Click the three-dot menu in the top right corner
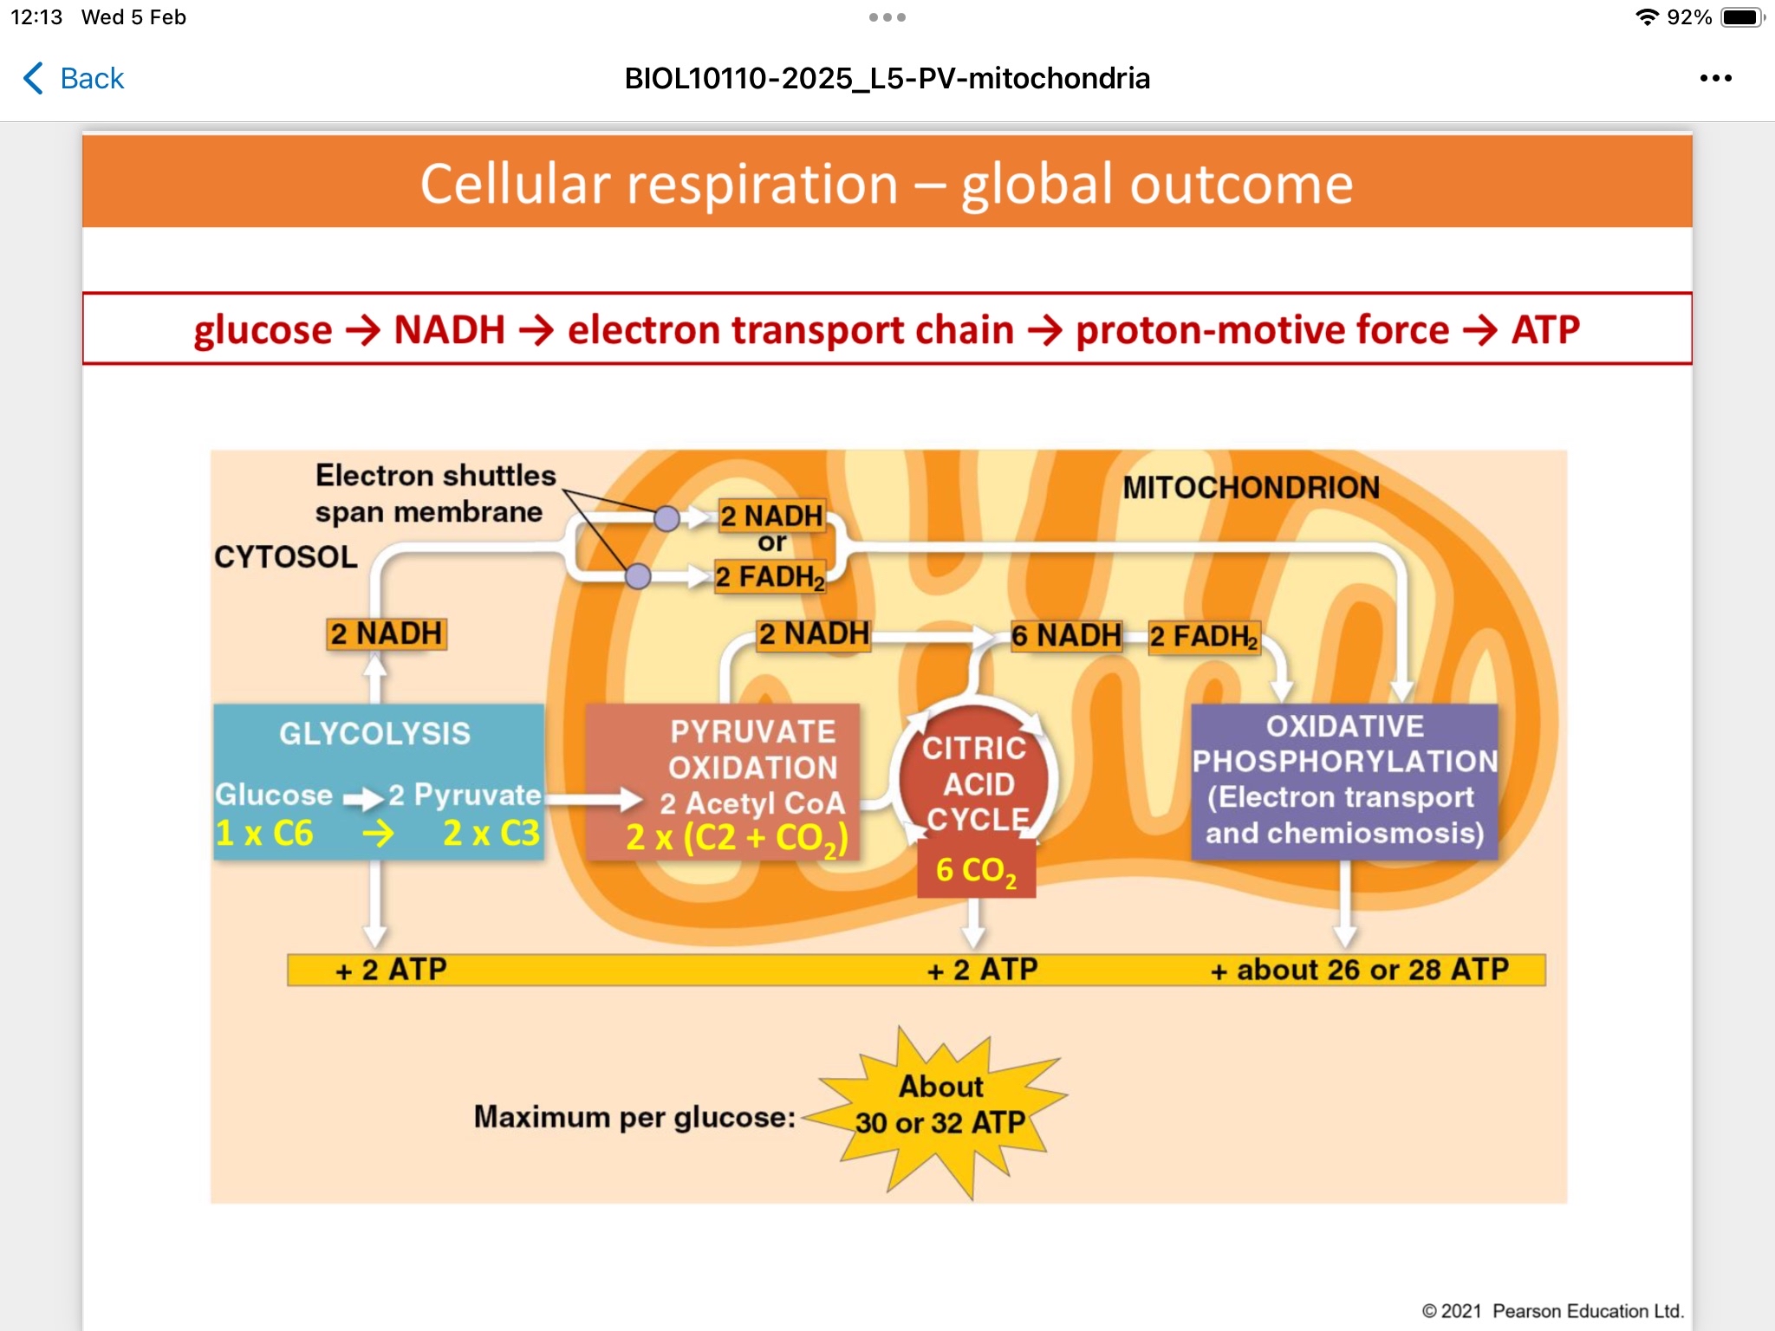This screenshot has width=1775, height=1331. pos(1715,79)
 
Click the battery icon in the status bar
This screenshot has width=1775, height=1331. pos(1740,17)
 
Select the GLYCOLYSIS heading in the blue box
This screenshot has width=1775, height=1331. pos(374,734)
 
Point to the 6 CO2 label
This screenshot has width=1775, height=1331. pos(976,871)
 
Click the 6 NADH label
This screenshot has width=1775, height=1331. pos(1066,636)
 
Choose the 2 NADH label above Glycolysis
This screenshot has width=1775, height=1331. pos(387,634)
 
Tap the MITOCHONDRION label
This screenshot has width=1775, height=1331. pos(1251,488)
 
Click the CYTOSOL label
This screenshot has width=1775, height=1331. pos(286,557)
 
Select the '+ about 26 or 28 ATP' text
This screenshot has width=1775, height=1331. pos(1359,970)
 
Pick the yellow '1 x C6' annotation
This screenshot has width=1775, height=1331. pos(264,834)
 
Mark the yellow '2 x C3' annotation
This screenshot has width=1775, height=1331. pos(491,834)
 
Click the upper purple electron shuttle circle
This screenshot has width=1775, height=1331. pos(666,519)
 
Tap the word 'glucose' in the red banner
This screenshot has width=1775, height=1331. pos(263,330)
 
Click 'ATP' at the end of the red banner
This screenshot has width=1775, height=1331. pos(1545,330)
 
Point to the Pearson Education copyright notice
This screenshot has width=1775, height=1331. pos(1552,1311)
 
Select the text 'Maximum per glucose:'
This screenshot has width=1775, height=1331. pos(634,1117)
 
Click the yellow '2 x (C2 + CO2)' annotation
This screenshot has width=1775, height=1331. pos(737,838)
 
